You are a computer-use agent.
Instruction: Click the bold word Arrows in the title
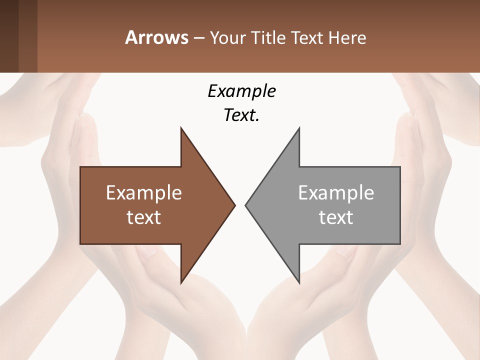coord(156,37)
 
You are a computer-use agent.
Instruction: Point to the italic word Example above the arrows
coord(241,91)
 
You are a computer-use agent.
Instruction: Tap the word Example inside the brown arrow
coord(143,192)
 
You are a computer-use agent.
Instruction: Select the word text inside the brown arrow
coord(143,217)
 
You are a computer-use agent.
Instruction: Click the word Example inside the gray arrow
coord(336,192)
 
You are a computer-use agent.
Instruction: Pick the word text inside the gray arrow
coord(336,217)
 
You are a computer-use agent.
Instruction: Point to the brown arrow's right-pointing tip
coord(234,205)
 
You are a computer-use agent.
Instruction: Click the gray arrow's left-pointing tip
coord(245,205)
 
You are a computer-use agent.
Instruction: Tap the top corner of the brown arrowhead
coord(181,128)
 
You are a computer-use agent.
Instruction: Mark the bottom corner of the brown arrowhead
coord(181,282)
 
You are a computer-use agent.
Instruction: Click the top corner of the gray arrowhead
coord(299,128)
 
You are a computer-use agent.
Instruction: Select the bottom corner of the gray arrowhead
coord(299,282)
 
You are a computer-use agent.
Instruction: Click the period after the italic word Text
coord(257,120)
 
